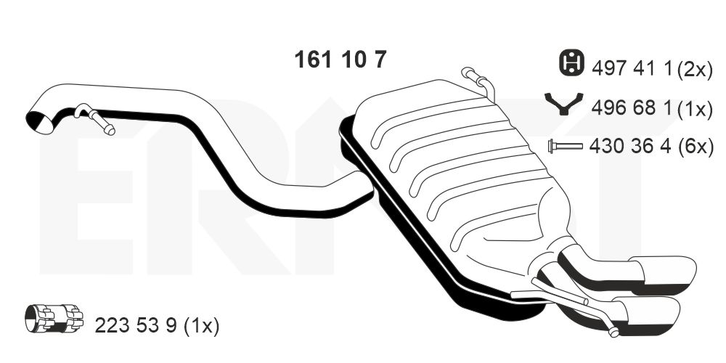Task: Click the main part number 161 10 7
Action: coord(340,60)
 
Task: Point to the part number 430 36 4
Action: coord(630,147)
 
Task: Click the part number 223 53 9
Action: coord(136,325)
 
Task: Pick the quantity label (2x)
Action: coord(695,70)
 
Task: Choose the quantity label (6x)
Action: coord(696,147)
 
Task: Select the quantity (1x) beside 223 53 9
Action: coord(201,326)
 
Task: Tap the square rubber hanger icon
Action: coord(572,62)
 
